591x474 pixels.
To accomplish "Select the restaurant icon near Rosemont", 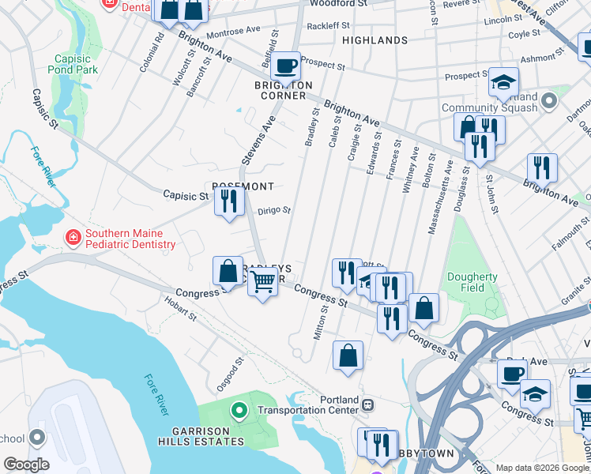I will pos(229,202).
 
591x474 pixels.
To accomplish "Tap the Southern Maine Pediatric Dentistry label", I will pos(130,239).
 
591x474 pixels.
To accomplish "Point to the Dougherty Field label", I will pos(472,282).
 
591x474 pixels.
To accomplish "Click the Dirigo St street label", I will pos(275,211).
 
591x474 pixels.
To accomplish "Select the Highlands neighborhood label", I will pos(375,40).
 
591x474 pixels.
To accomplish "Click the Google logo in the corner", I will pos(26,464).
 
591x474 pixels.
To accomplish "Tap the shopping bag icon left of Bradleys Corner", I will pos(228,271).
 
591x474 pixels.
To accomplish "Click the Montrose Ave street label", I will pos(233,33).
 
